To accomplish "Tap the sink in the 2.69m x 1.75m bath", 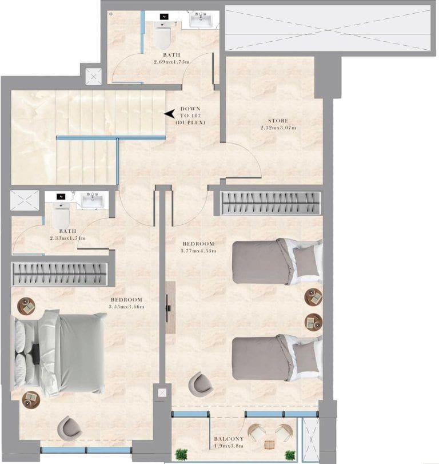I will tap(202, 21).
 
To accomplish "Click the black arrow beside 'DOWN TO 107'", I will tap(170, 114).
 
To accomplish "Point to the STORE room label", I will tap(278, 121).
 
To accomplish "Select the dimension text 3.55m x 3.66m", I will tap(126, 307).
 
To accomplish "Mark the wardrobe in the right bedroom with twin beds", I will tap(271, 204).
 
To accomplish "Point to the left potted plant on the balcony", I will tap(182, 455).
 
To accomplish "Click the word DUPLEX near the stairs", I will tap(190, 122).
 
